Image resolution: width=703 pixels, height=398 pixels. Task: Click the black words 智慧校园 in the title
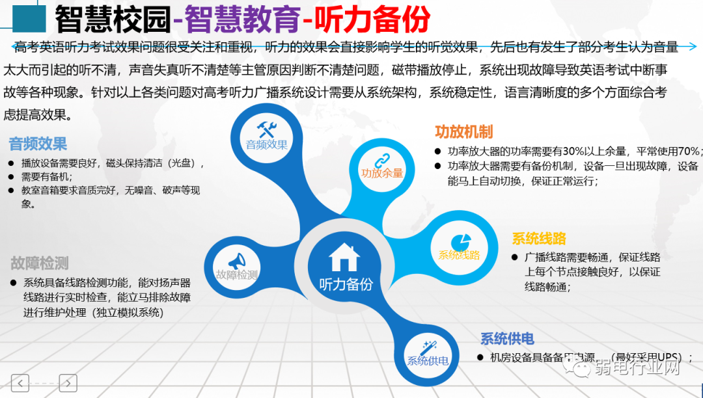click(113, 19)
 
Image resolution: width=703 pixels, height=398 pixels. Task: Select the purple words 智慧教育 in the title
click(241, 19)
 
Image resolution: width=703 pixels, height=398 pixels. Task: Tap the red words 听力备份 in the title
click(371, 19)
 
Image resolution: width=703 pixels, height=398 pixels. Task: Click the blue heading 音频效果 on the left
click(38, 144)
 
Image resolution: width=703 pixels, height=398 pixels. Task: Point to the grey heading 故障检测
click(40, 263)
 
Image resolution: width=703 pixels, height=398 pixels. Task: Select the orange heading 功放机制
click(463, 132)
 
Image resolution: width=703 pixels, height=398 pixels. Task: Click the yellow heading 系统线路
click(539, 238)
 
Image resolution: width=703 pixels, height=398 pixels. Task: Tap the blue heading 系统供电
click(507, 339)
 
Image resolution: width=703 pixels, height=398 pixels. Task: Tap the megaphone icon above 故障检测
click(237, 260)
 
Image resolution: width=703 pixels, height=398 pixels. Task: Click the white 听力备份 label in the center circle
click(346, 284)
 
